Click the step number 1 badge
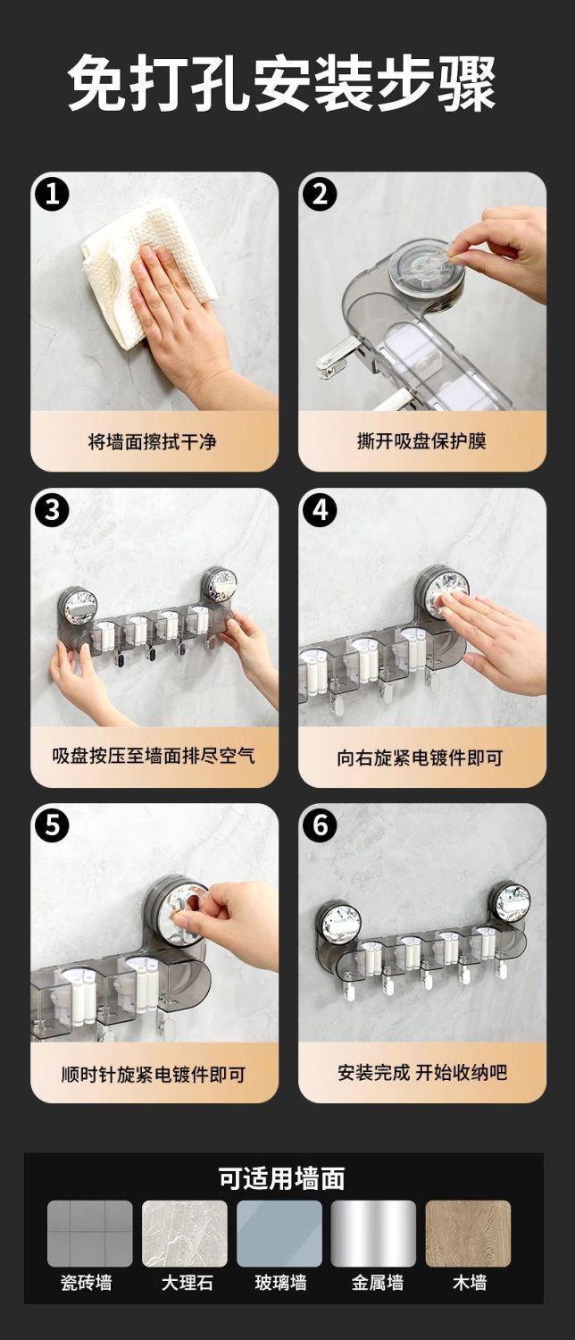pos(52,194)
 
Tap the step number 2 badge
pos(321,194)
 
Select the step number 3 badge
pos(52,510)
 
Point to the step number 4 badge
pos(321,510)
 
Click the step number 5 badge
pos(52,825)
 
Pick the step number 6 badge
pos(321,825)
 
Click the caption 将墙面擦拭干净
pos(153,442)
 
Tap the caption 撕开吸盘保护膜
pos(421,441)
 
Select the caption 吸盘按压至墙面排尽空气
pos(154,756)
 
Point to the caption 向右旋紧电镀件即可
pos(420,758)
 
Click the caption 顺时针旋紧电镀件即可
pos(154,1074)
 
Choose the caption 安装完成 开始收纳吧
pos(422,1072)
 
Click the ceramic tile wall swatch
pos(90,1234)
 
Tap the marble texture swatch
pos(185,1234)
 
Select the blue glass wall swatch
pos(279,1234)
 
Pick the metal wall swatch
pos(373,1234)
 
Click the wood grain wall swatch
pos(468,1234)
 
